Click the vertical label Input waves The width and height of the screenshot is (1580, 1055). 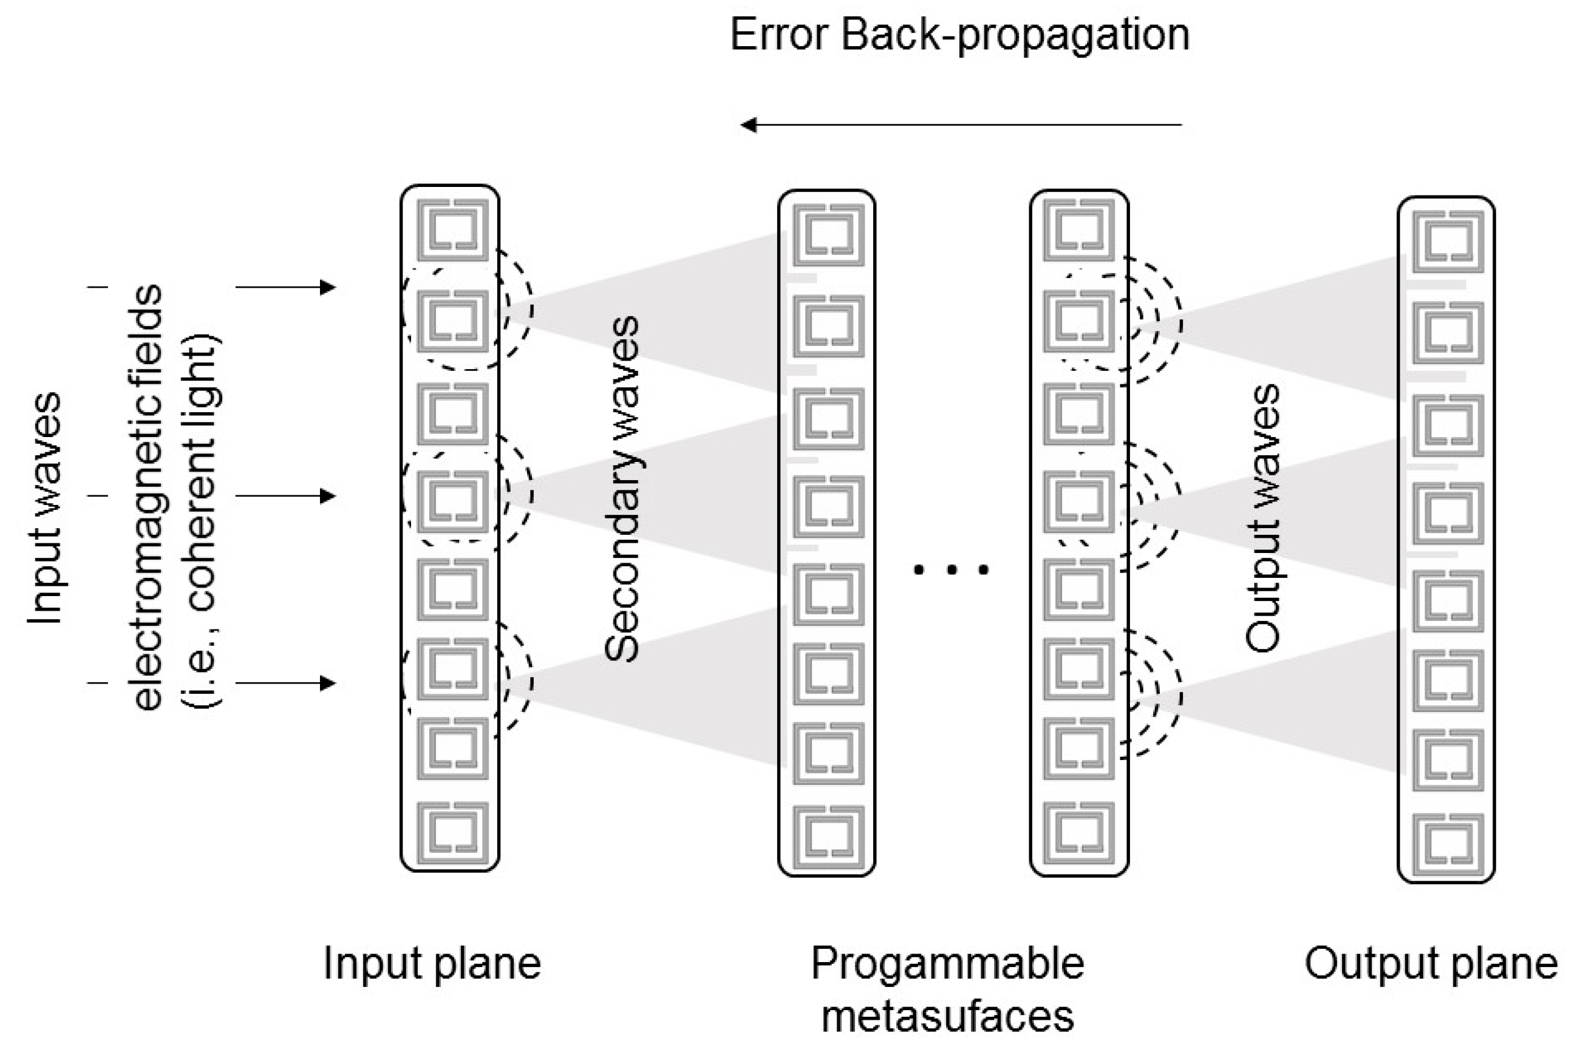[x=44, y=508]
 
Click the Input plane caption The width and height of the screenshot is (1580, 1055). [x=432, y=963]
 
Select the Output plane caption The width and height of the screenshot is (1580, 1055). [x=1431, y=963]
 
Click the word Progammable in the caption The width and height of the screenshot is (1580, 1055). [x=947, y=963]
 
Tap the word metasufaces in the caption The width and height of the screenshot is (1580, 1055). [x=947, y=1016]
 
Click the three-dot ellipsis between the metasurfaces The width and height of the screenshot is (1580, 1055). [x=951, y=569]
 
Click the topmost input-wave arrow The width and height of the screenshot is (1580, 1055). [x=286, y=287]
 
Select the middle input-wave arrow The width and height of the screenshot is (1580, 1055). [x=286, y=497]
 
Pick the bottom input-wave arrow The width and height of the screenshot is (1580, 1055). [x=286, y=684]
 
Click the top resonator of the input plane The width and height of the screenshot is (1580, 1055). [x=452, y=229]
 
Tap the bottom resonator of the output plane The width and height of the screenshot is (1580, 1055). [x=1448, y=845]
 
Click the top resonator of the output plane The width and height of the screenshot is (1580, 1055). [x=1448, y=241]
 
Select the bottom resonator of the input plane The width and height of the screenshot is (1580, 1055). [x=452, y=833]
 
